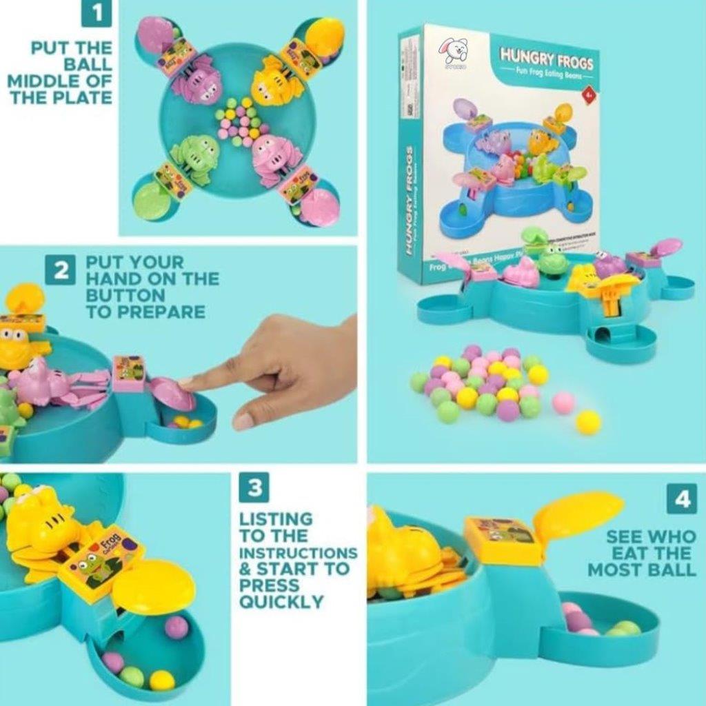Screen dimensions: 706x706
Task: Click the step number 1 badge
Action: click(97, 14)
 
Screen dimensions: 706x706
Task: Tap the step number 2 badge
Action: click(61, 270)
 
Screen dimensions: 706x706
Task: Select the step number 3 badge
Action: click(254, 488)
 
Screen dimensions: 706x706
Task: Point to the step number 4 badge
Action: click(681, 498)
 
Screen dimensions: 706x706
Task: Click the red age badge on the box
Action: click(588, 93)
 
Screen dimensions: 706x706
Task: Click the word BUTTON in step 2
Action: click(143, 295)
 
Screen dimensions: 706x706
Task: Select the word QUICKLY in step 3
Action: click(281, 601)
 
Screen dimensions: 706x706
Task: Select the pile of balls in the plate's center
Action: click(239, 123)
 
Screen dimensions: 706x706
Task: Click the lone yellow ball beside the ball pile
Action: click(588, 422)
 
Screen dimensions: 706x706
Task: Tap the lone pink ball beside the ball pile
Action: click(563, 403)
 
